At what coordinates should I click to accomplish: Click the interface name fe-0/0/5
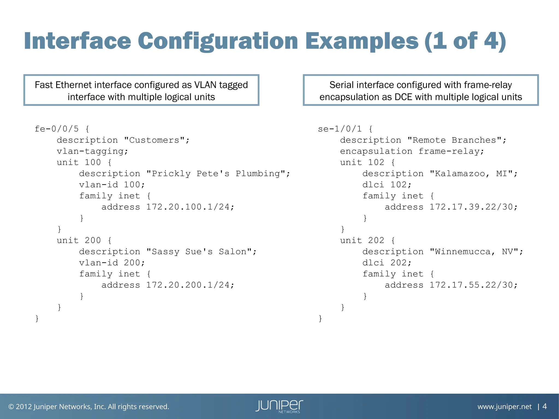[57, 129]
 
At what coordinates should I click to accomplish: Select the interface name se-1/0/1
[340, 129]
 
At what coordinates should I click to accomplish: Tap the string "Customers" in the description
[154, 140]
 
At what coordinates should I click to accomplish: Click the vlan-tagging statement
[92, 151]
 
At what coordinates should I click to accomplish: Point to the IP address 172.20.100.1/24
[190, 207]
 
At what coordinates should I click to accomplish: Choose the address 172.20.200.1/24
[190, 285]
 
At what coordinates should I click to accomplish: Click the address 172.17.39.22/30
[473, 207]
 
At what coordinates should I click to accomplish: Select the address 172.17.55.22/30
[473, 285]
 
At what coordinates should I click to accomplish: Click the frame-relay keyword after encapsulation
[451, 151]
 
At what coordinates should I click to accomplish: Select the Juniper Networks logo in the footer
[279, 406]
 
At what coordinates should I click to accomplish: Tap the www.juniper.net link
[504, 407]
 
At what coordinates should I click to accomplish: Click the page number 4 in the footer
[545, 406]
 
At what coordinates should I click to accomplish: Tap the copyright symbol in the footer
[11, 407]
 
